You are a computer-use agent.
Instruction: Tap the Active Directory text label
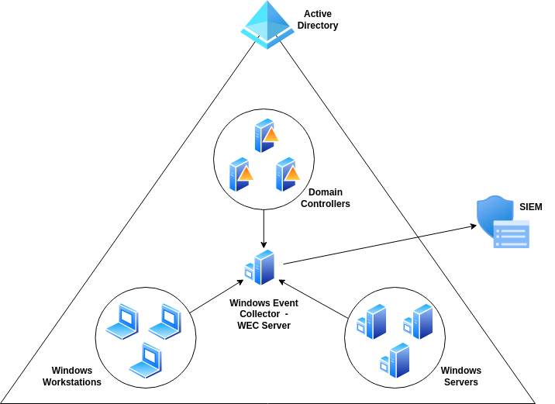point(318,19)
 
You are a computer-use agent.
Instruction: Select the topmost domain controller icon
point(265,136)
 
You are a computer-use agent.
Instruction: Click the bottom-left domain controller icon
point(240,174)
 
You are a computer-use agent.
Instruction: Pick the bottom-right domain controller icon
point(287,174)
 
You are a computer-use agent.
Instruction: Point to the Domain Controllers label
point(326,198)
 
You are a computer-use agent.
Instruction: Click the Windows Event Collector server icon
point(261,267)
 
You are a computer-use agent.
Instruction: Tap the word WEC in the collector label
point(250,326)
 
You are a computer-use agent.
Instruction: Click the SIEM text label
point(531,207)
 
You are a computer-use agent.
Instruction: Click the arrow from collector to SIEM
point(380,245)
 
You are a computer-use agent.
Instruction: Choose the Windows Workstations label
point(72,376)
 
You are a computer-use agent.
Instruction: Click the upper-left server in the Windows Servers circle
point(372,322)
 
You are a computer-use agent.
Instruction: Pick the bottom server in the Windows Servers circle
point(395,361)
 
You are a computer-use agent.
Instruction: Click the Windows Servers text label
point(461,376)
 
